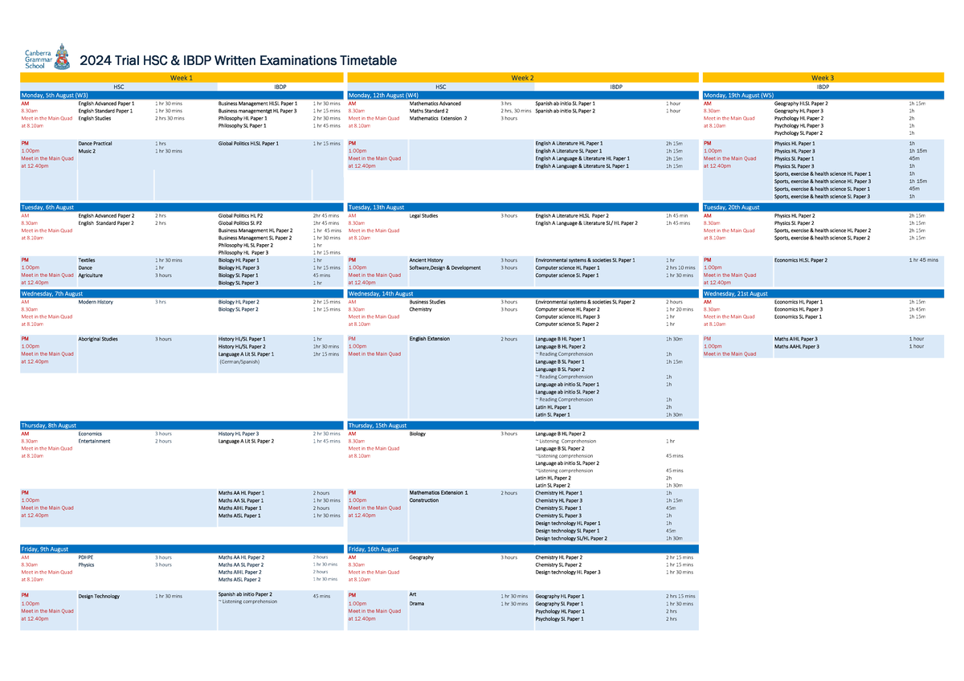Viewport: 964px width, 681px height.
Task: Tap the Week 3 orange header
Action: pos(823,77)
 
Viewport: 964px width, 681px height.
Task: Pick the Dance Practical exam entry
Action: pos(95,143)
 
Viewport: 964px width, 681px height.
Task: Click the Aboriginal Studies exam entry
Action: pos(99,339)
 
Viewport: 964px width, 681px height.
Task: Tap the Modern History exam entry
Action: pos(96,302)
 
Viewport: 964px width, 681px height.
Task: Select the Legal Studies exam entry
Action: pos(423,216)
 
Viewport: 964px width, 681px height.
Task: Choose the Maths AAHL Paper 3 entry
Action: pos(796,346)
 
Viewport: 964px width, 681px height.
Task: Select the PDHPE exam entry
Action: pos(85,557)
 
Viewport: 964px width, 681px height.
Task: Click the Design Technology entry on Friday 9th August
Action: pos(99,596)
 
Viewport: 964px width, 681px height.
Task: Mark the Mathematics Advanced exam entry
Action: pos(435,104)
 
